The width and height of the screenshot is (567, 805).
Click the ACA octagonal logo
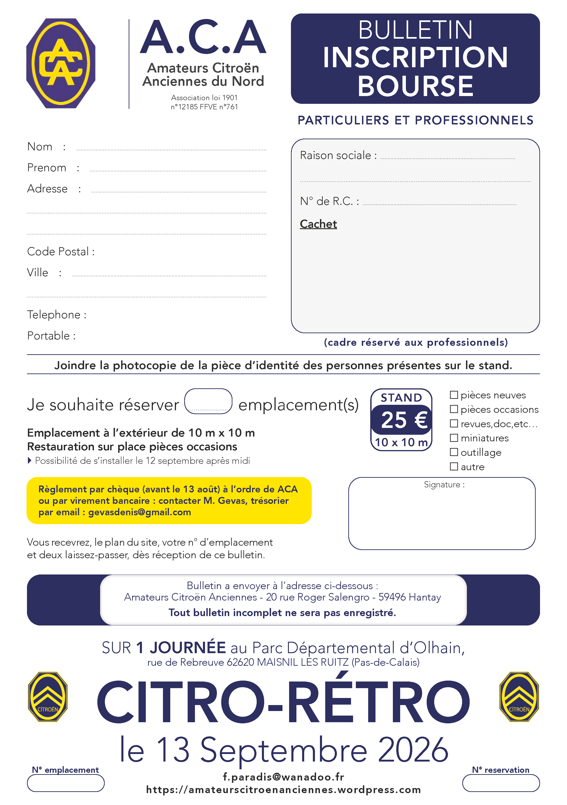click(61, 63)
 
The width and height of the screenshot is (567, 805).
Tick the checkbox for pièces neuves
click(454, 395)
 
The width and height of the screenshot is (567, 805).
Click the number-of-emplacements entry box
click(208, 401)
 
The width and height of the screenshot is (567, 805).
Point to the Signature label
click(444, 485)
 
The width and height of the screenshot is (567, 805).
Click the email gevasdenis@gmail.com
click(139, 512)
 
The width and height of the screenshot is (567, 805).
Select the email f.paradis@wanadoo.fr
click(283, 777)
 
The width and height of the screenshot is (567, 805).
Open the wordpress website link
click(283, 790)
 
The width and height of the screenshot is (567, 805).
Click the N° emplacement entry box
click(66, 783)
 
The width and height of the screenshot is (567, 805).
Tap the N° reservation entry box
click(501, 783)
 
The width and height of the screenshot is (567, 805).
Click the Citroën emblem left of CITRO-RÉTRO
click(48, 697)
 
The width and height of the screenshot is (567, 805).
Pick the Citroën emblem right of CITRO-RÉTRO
click(519, 697)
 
